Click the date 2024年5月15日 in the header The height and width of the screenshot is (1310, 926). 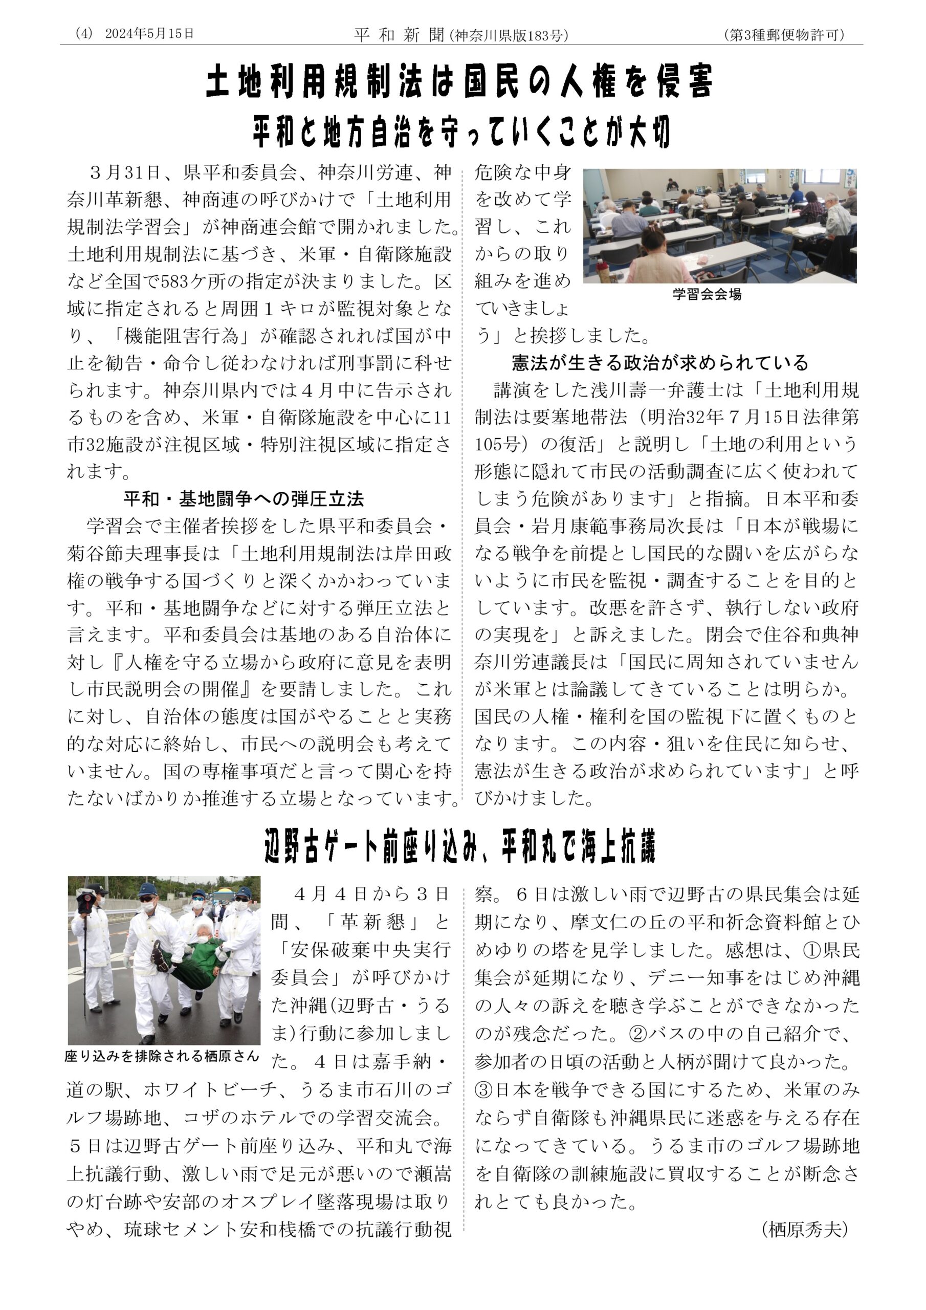149,34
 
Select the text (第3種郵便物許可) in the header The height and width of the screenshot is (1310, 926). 784,35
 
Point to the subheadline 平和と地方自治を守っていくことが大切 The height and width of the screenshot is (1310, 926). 461,132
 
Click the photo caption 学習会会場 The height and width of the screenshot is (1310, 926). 707,294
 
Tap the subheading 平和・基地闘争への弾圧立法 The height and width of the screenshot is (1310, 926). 244,499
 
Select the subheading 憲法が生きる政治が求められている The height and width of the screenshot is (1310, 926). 660,363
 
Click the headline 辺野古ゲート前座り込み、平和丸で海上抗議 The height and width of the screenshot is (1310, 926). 460,847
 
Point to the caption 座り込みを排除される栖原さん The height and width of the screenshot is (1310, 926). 162,1056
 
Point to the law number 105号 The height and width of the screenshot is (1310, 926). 497,445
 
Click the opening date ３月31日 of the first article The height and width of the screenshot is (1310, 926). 124,173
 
